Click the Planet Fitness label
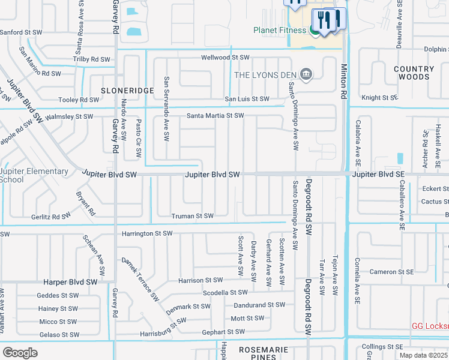pos(280,30)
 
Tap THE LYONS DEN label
pos(265,74)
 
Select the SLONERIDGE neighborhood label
pos(127,90)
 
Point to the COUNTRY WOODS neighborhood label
pos(414,73)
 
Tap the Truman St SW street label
pos(192,216)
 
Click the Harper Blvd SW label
pos(70,281)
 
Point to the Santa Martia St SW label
pos(215,115)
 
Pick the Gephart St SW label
pos(223,331)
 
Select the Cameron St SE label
pos(391,272)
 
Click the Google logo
pos(20,353)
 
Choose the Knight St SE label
pos(379,97)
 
